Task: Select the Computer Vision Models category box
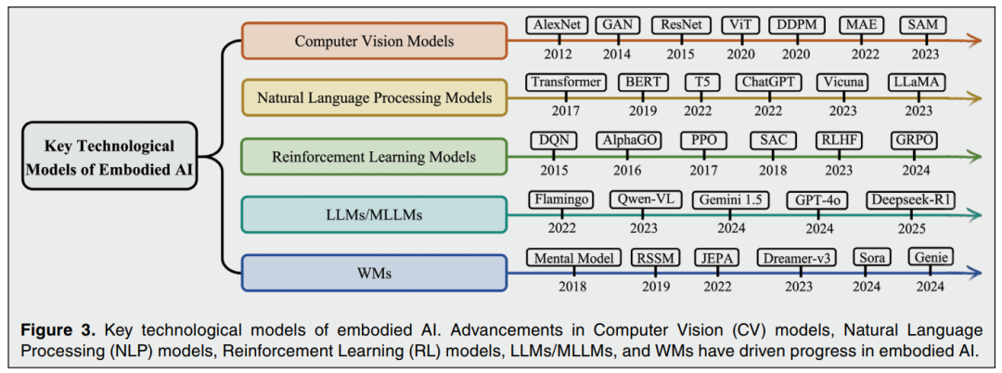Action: (374, 41)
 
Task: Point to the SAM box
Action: (924, 26)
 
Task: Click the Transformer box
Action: (565, 82)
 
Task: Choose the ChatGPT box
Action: (769, 82)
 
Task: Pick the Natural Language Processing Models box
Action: (374, 97)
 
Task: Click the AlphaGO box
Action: (626, 140)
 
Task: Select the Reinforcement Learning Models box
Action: (374, 157)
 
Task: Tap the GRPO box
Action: (914, 140)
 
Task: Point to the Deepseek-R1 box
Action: (910, 199)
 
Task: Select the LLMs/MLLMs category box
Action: (374, 215)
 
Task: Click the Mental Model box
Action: (572, 258)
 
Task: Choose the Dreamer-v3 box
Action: (795, 258)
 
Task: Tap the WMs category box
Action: (374, 274)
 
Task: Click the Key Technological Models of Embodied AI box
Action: (109, 156)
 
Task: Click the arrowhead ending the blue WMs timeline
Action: (975, 274)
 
